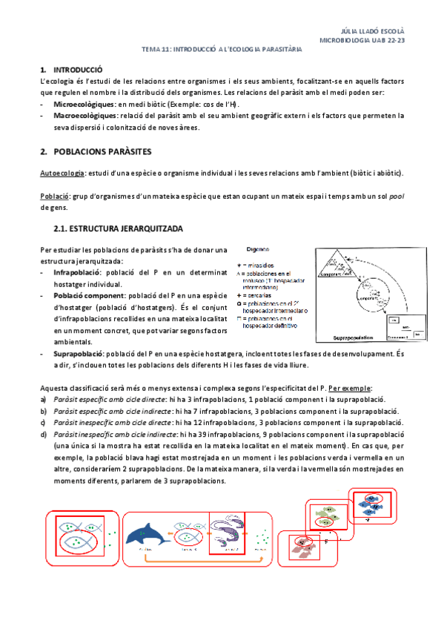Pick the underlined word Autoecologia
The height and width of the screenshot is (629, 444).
click(x=61, y=173)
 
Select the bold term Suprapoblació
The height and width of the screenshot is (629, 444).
click(x=79, y=355)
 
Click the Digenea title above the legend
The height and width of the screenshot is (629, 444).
click(x=257, y=251)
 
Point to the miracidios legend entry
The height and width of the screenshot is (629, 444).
click(x=262, y=264)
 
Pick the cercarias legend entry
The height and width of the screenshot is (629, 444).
click(x=259, y=294)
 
